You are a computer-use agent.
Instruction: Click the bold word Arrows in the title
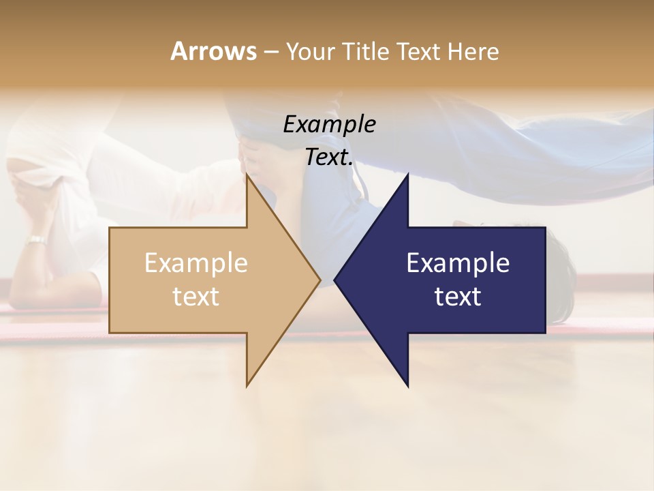click(x=213, y=51)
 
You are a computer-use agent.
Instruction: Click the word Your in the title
click(x=309, y=51)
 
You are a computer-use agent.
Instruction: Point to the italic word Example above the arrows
click(x=329, y=125)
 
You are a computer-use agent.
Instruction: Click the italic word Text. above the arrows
click(x=329, y=158)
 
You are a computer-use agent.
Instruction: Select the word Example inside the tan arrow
click(x=196, y=263)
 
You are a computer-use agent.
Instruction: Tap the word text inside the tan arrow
click(x=196, y=297)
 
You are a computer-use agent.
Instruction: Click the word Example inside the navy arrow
click(x=458, y=263)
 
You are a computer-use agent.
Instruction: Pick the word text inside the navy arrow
click(x=458, y=297)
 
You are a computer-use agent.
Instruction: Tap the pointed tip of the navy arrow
click(x=334, y=280)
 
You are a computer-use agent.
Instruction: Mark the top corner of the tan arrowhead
click(x=247, y=175)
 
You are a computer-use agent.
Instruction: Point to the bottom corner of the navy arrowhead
click(x=407, y=385)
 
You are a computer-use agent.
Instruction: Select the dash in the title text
click(x=270, y=52)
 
